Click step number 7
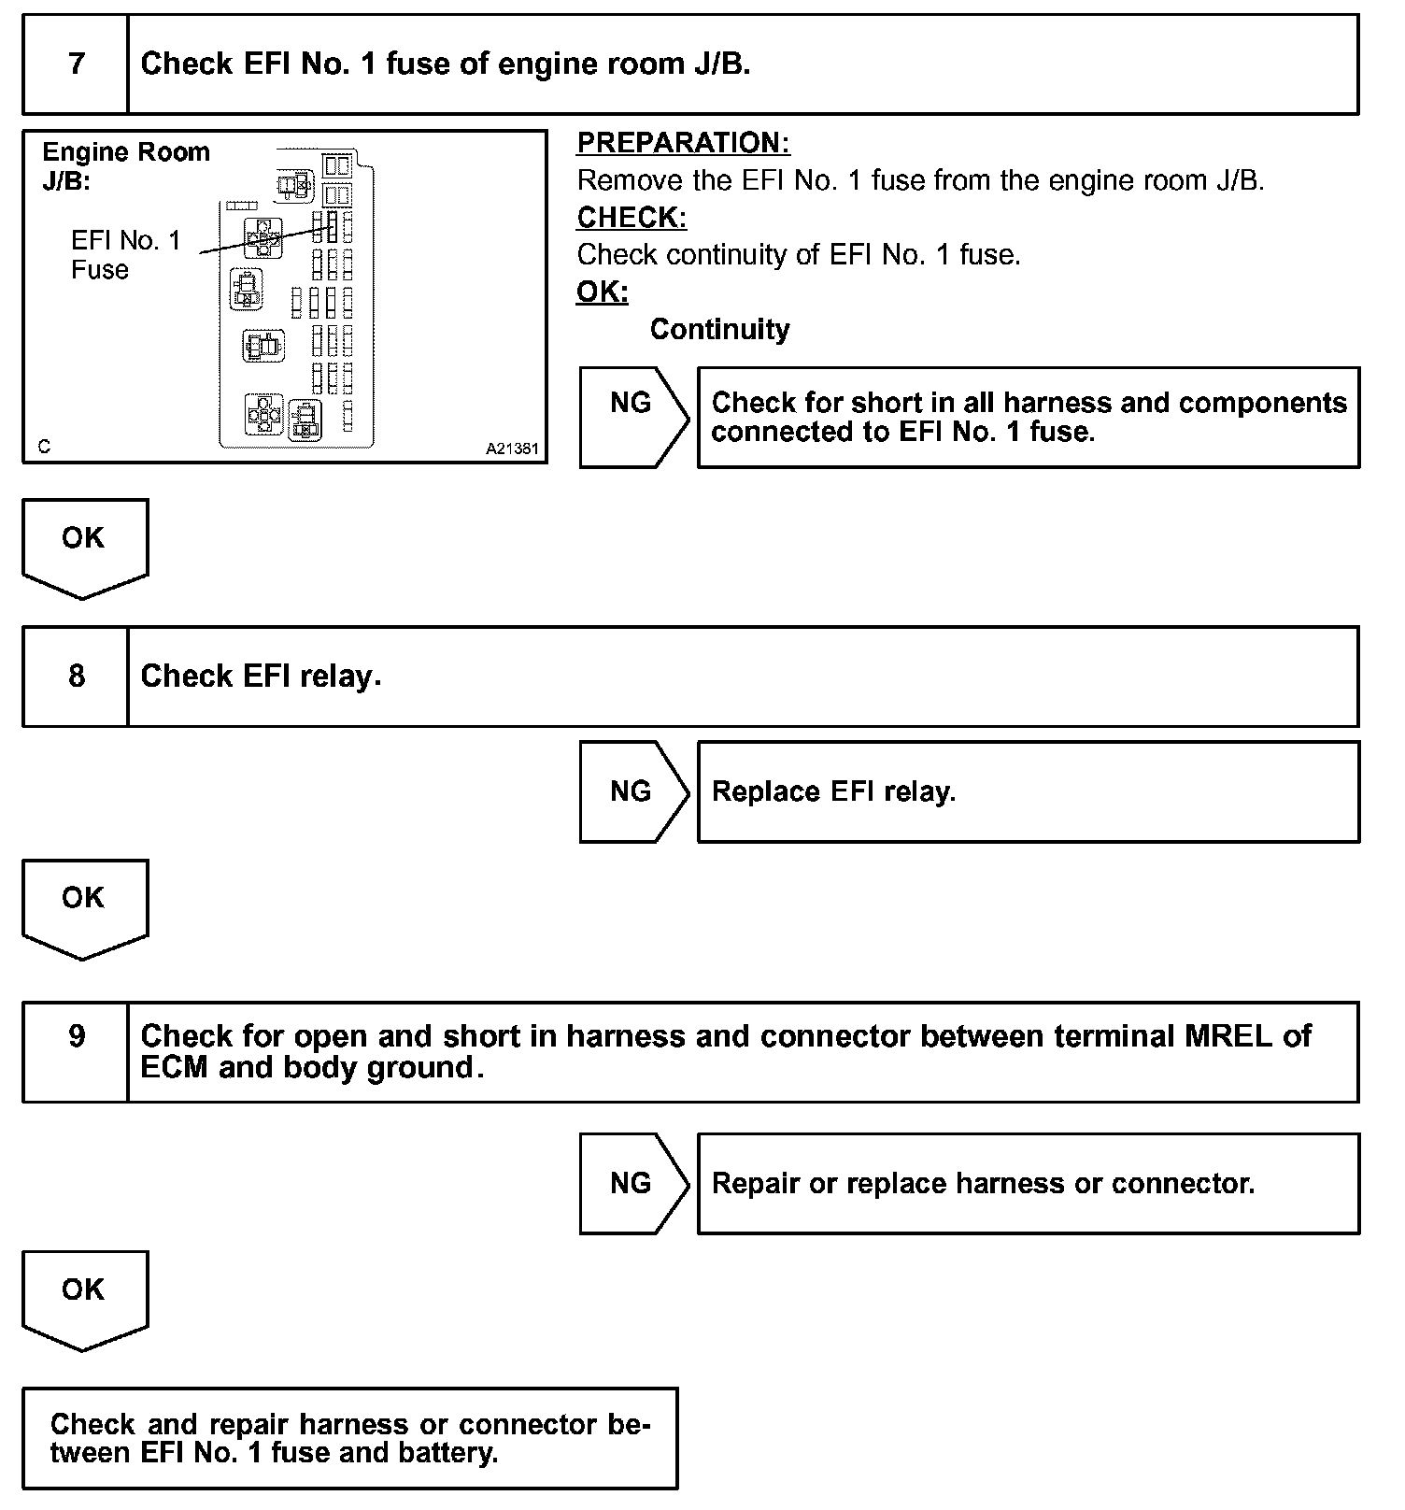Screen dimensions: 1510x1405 point(76,64)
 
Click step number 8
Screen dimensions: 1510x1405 point(76,676)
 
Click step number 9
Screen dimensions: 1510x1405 point(76,1035)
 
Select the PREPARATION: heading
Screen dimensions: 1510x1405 point(683,143)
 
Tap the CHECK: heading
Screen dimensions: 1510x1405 point(632,218)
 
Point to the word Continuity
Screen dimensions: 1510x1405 point(719,329)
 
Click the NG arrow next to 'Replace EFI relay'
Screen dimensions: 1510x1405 point(632,791)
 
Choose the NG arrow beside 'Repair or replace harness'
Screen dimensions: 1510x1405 point(632,1183)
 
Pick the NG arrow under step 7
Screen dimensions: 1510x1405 point(632,403)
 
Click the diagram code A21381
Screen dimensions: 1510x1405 point(511,449)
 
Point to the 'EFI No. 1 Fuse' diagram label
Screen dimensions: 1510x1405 point(125,255)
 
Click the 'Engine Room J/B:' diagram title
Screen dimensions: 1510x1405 point(125,165)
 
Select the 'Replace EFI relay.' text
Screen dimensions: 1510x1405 point(833,791)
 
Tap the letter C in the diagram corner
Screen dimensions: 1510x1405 point(44,448)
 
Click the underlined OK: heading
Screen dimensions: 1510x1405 point(602,292)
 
